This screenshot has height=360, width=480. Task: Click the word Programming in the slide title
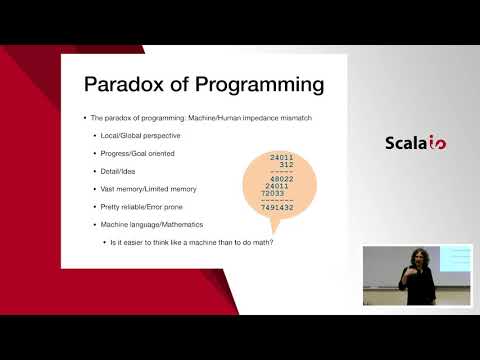(x=255, y=83)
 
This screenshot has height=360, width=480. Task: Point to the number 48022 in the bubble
(x=284, y=179)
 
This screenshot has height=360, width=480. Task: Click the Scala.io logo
(x=415, y=142)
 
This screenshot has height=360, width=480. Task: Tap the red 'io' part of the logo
(x=437, y=143)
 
